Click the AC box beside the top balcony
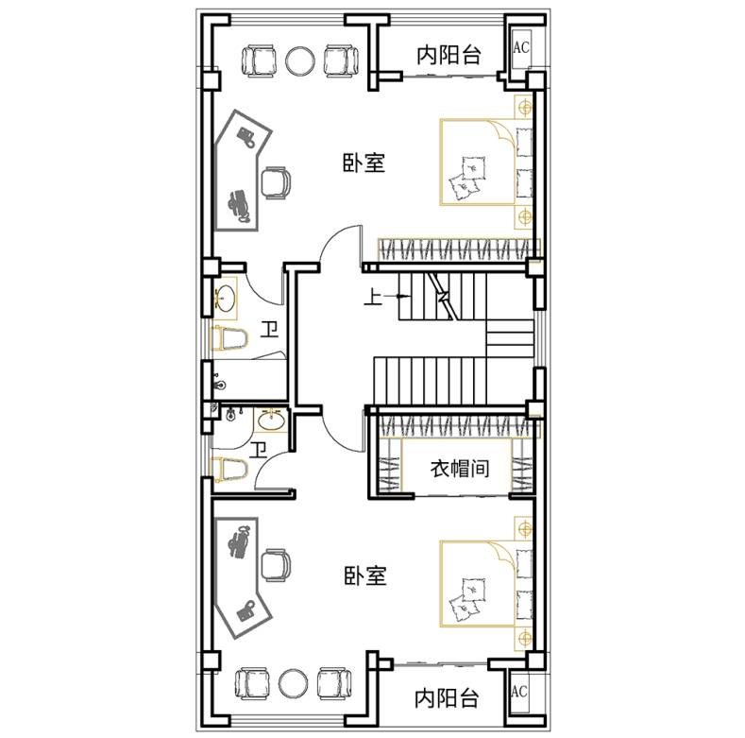click(521, 47)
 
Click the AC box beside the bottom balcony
click(519, 691)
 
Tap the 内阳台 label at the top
click(449, 55)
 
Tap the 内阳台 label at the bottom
click(446, 698)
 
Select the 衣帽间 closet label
click(460, 469)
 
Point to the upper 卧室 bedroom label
click(364, 163)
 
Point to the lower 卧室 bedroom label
click(364, 575)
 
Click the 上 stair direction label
click(373, 298)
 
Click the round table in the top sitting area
click(300, 60)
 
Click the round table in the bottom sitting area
click(294, 683)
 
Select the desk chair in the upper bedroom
click(276, 182)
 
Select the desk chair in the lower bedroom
click(276, 565)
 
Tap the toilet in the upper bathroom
click(229, 338)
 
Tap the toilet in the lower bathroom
click(230, 469)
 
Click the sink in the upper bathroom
click(226, 298)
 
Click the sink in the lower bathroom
click(271, 420)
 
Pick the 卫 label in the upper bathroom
click(269, 329)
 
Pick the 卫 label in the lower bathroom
click(259, 450)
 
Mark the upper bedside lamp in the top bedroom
click(525, 108)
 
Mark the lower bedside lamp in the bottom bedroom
click(525, 638)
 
